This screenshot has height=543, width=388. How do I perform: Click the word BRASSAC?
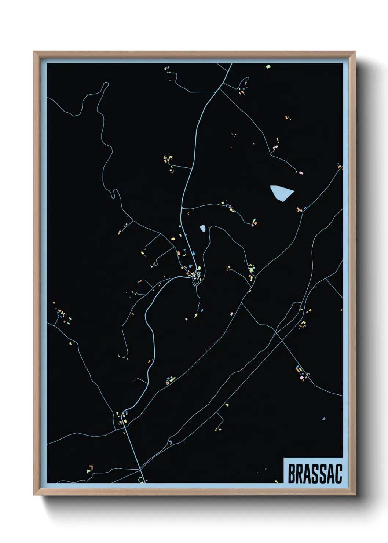click(x=315, y=474)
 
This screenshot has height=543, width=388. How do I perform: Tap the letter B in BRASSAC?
click(x=292, y=474)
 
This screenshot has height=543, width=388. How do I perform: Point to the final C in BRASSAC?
click(x=338, y=474)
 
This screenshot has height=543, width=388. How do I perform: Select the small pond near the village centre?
click(x=202, y=229)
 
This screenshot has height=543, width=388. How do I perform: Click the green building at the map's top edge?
click(x=268, y=67)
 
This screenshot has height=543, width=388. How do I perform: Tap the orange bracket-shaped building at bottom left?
click(x=90, y=468)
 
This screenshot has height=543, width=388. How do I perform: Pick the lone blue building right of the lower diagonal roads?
click(x=324, y=418)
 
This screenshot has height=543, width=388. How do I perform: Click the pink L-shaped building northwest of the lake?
click(x=274, y=148)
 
